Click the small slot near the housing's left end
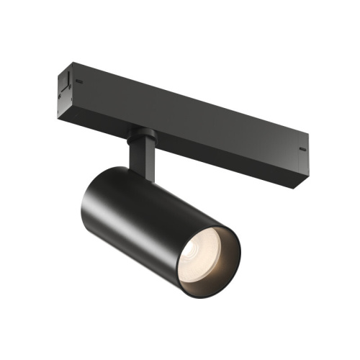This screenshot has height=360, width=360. pyautogui.click(x=76, y=82)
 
